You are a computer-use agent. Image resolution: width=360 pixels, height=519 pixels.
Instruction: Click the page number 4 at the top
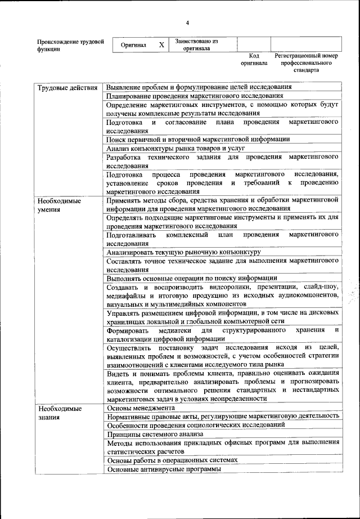[188, 23]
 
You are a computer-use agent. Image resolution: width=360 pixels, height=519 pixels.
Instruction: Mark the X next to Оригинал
[161, 45]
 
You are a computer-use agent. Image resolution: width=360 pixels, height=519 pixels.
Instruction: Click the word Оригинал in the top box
[134, 45]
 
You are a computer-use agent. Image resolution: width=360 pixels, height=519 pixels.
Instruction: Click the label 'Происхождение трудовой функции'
[70, 45]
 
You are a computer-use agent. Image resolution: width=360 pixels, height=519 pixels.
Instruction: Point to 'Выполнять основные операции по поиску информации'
[191, 278]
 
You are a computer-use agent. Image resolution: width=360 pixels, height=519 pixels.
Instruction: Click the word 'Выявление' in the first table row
[125, 87]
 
